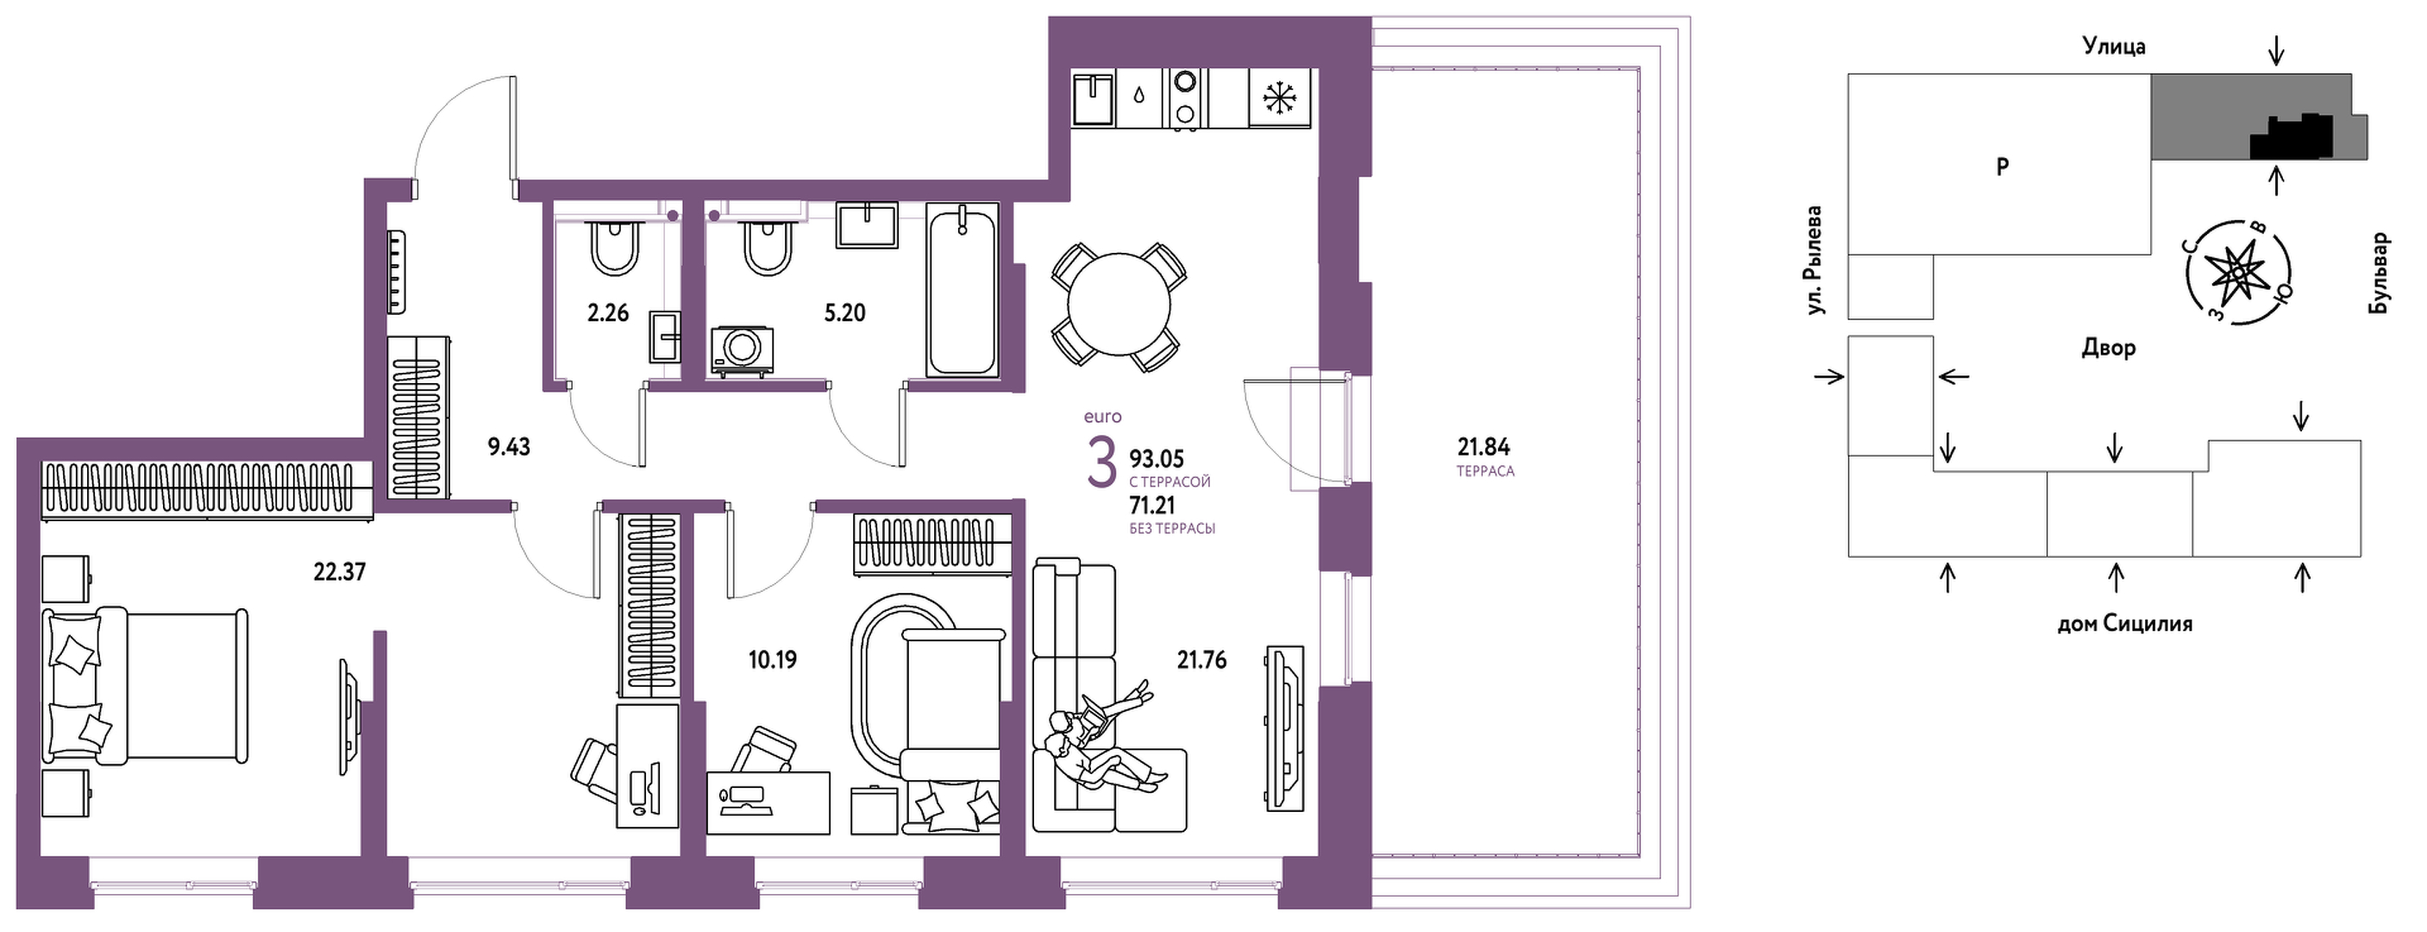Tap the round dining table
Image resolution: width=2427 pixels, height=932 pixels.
(x=1119, y=305)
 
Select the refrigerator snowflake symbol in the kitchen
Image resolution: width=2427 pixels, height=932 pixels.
(x=1279, y=98)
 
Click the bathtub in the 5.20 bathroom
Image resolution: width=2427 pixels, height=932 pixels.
(x=961, y=293)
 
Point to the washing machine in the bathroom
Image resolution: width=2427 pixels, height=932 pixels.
(x=742, y=350)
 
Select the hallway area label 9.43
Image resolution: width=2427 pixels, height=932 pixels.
(x=509, y=447)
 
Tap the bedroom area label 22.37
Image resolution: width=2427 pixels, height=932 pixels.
(x=339, y=572)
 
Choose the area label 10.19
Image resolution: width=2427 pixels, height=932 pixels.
(x=773, y=659)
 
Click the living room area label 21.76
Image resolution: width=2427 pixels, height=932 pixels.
(x=1201, y=659)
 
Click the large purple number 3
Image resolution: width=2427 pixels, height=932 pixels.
(x=1101, y=463)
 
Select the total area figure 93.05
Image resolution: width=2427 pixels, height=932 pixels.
(x=1156, y=459)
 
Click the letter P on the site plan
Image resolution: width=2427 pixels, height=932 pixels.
(x=2002, y=167)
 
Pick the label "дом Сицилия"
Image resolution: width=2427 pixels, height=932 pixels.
(x=2124, y=624)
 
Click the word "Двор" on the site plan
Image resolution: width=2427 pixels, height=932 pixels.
(x=2108, y=348)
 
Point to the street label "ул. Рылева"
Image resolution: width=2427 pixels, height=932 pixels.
(x=1813, y=260)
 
